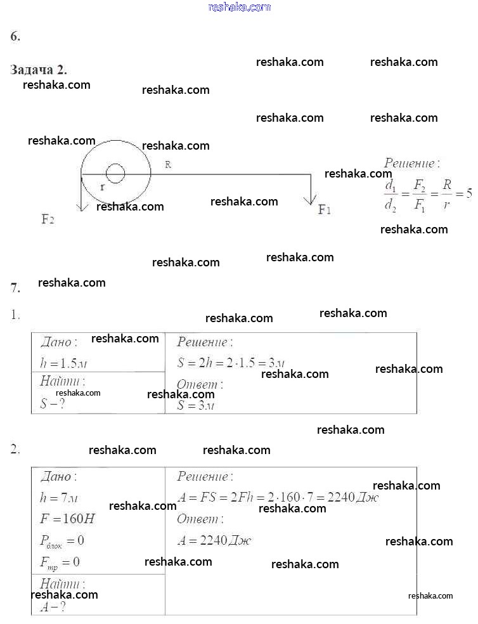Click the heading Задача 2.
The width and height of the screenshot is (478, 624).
(x=39, y=70)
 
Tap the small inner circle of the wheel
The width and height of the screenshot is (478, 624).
(x=115, y=172)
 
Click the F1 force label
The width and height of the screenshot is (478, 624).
(x=324, y=209)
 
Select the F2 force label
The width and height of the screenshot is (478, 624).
(x=48, y=219)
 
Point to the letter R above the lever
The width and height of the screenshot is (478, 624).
(x=168, y=164)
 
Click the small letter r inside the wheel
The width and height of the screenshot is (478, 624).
(x=102, y=187)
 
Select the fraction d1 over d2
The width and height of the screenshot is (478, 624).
(x=391, y=195)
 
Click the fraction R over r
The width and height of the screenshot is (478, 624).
(x=447, y=195)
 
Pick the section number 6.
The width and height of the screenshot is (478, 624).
(x=15, y=36)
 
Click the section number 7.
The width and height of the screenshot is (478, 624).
(x=15, y=288)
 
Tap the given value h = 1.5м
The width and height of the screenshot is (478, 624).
(x=63, y=363)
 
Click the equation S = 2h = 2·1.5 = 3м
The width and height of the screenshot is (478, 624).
(x=230, y=363)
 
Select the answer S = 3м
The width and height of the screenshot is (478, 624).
(x=196, y=405)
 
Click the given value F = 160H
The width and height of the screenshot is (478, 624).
(x=67, y=519)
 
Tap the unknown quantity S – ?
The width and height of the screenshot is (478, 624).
(x=53, y=403)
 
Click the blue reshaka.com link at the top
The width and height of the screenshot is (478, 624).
(x=239, y=7)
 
